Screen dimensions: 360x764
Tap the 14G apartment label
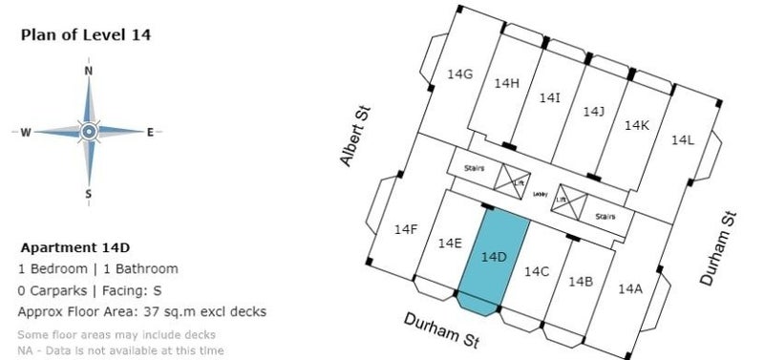(460, 74)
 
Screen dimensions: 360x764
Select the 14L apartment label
(682, 140)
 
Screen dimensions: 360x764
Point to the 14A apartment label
(630, 288)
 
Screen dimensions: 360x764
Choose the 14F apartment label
(406, 229)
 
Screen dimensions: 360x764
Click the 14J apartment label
(594, 112)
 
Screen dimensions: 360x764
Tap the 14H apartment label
(506, 83)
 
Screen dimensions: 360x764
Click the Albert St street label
(356, 137)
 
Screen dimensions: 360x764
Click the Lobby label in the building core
(540, 195)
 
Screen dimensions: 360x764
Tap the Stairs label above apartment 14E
(475, 167)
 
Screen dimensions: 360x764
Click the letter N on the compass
(89, 71)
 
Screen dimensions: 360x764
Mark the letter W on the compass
(26, 132)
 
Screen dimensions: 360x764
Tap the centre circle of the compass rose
(89, 132)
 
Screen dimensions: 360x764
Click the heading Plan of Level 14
(86, 34)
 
